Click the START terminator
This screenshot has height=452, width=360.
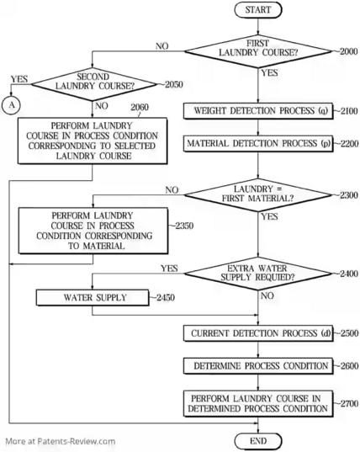point(258,10)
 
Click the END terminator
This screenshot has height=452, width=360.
point(258,441)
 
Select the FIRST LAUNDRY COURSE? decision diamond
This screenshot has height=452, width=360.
point(258,51)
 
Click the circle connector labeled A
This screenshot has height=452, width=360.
point(11,105)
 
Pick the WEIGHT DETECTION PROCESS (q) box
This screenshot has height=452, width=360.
point(258,111)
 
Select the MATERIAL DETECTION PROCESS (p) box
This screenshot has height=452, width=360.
point(258,144)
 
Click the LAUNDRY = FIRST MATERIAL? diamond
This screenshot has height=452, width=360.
point(258,195)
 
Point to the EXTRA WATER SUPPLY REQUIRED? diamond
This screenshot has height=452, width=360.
point(258,274)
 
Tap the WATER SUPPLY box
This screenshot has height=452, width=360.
point(93,298)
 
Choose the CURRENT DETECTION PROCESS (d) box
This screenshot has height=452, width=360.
point(258,333)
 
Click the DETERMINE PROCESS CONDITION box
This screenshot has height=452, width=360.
point(258,366)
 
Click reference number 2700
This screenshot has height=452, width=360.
point(349,403)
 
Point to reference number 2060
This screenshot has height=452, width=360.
point(140,108)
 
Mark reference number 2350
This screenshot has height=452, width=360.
point(184,226)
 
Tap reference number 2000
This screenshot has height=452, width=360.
point(349,51)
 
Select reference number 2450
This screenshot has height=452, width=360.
point(166,297)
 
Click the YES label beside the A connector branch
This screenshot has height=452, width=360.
point(19,79)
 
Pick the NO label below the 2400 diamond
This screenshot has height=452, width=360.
point(267,295)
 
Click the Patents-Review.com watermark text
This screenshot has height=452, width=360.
point(61,441)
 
